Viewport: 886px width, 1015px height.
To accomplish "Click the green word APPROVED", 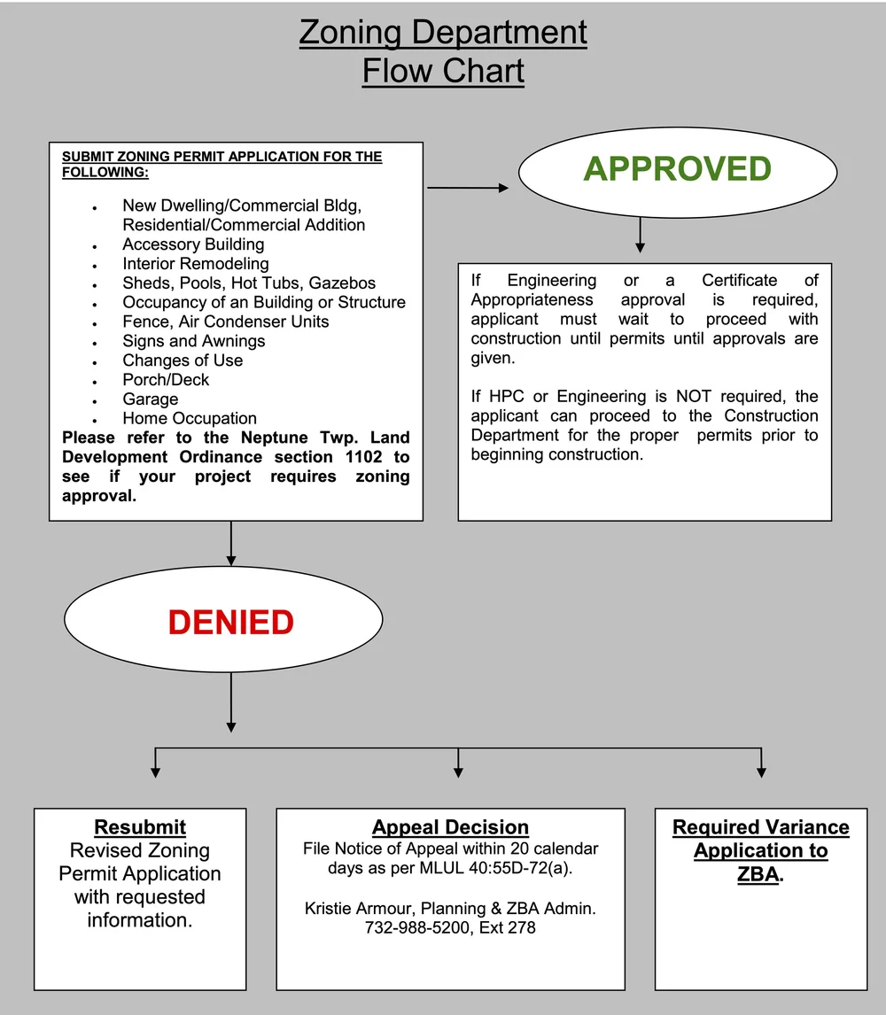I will (677, 169).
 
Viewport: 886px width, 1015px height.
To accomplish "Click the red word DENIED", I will (230, 623).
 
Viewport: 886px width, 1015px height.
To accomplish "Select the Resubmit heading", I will (140, 828).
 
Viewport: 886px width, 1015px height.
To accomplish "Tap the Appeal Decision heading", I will (450, 828).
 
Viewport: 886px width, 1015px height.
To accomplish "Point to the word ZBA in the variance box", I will (759, 874).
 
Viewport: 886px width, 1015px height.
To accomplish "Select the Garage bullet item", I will (150, 399).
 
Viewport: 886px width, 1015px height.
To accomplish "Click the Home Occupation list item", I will (190, 419).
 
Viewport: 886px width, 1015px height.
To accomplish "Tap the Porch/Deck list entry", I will (166, 380).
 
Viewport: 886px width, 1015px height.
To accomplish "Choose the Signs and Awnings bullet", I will (193, 341).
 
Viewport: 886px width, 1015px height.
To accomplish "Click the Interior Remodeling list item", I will (195, 264).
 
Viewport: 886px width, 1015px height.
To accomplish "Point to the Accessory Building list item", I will (193, 244).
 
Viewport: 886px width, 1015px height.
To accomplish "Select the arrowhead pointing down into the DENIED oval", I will (231, 559).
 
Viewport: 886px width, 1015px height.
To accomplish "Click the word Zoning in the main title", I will (349, 34).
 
